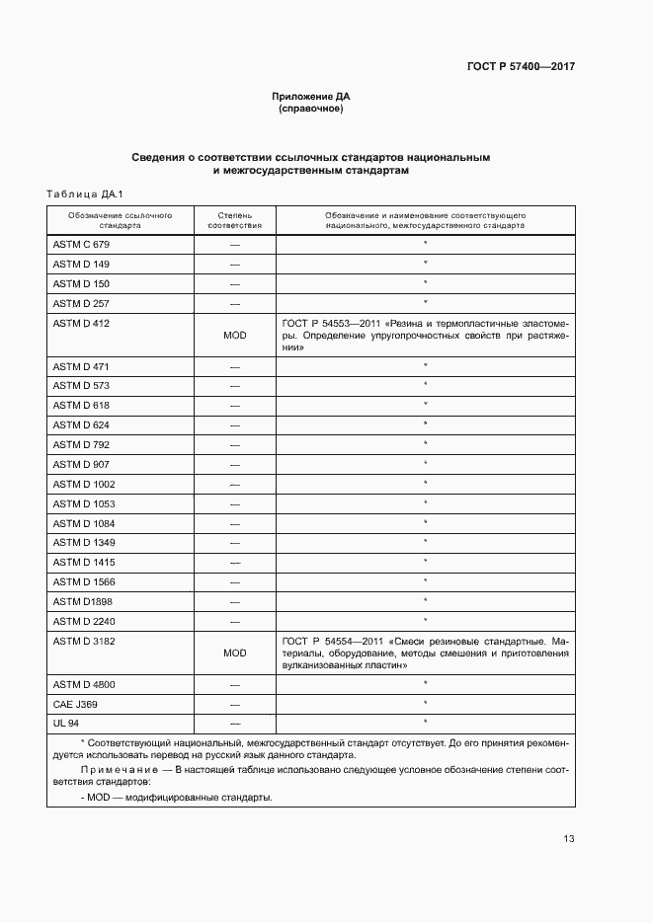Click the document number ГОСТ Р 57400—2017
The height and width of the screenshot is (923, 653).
(x=520, y=67)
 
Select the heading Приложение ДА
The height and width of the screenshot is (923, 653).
(x=311, y=96)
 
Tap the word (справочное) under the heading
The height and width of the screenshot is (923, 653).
(x=311, y=109)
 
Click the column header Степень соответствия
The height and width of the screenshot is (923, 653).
(x=235, y=219)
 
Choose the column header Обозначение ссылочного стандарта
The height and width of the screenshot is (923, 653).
(x=120, y=219)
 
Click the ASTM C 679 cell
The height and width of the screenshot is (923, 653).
(x=81, y=244)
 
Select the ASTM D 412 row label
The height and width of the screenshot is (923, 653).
(x=81, y=323)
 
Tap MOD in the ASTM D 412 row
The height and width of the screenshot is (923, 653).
(x=235, y=336)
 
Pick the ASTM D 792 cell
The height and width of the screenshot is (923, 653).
(x=81, y=445)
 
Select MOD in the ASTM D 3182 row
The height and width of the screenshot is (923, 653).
(x=235, y=654)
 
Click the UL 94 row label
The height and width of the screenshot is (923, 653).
(x=66, y=724)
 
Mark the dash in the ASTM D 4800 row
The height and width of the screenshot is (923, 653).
(x=235, y=684)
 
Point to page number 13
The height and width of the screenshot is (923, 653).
(x=569, y=839)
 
